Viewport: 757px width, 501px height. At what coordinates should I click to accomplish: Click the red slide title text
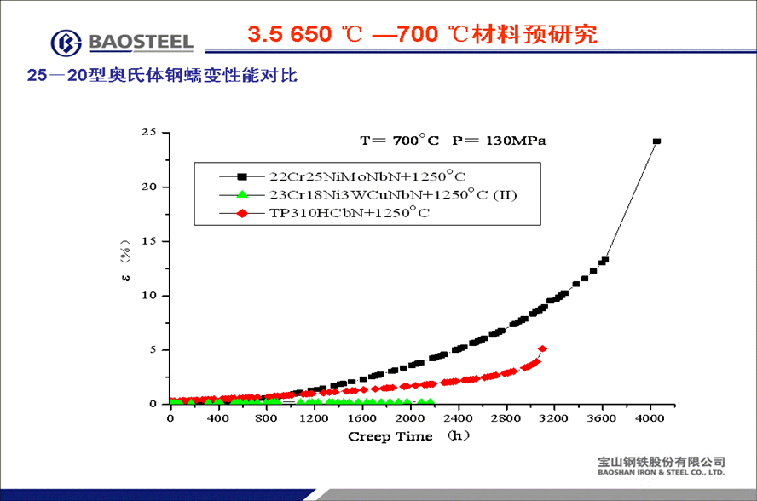tap(422, 34)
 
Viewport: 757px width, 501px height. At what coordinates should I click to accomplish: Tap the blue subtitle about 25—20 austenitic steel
tap(162, 76)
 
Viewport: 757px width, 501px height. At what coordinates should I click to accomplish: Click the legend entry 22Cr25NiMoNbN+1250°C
tap(367, 176)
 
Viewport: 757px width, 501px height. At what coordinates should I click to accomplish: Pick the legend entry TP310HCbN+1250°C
tap(350, 213)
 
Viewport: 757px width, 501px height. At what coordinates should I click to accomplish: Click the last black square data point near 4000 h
tap(656, 141)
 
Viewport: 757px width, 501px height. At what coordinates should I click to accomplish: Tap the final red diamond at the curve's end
tap(542, 348)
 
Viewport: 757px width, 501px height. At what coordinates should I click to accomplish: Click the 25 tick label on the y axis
tap(149, 132)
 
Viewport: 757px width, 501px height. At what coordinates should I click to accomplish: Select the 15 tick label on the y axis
tap(149, 241)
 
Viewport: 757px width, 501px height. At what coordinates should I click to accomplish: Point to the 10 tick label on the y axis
tap(149, 296)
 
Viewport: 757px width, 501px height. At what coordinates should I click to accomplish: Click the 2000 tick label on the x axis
tap(411, 417)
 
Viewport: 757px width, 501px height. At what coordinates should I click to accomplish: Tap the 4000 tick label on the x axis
tap(651, 417)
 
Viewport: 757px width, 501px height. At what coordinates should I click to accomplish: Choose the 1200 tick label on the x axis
tap(315, 417)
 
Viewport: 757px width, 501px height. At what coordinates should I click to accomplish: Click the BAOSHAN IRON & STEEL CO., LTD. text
tap(662, 471)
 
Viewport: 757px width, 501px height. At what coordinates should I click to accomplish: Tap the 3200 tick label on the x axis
tap(555, 417)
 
